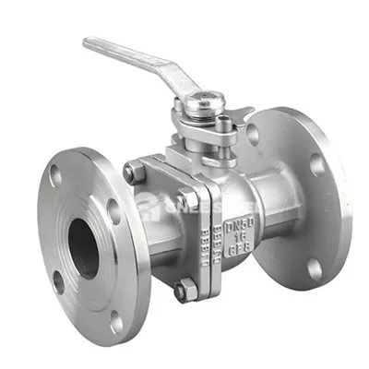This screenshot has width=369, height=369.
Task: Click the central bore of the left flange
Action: click(83, 247)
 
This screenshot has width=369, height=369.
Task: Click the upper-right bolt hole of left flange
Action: click(113, 211)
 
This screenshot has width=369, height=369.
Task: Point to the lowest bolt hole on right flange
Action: click(314, 268)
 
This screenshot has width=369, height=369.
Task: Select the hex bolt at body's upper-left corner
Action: click(136, 172)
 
